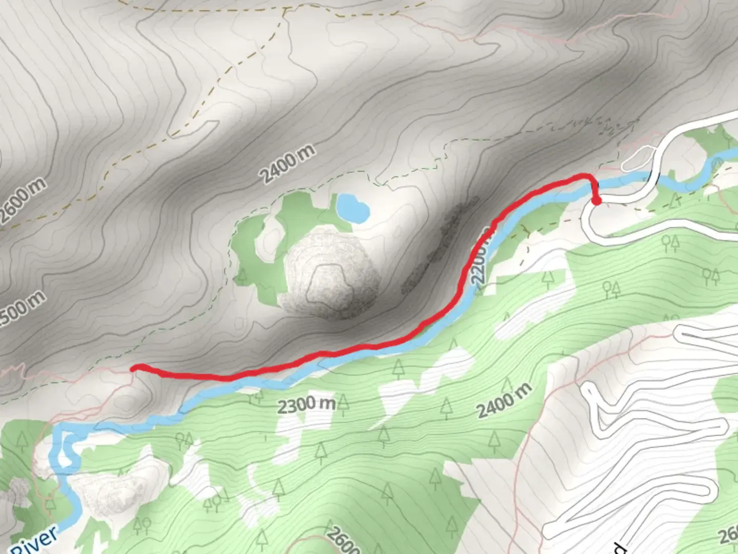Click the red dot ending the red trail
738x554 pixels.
(x=597, y=201)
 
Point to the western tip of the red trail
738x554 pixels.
(x=134, y=367)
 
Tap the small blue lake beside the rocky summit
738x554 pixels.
(x=352, y=207)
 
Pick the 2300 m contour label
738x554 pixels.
(x=306, y=405)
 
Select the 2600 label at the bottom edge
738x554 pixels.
(x=342, y=541)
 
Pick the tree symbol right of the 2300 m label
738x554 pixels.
(x=343, y=406)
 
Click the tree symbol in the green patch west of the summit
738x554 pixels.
(x=241, y=277)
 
